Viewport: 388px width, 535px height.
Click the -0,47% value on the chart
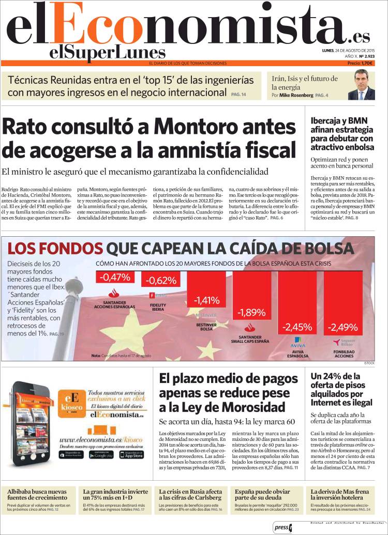115,278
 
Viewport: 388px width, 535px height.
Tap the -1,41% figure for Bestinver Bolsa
207,300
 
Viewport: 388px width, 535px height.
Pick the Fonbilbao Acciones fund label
344,354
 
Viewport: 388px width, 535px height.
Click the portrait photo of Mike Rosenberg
361,85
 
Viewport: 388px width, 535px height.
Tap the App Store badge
131,454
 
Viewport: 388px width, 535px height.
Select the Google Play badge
101,454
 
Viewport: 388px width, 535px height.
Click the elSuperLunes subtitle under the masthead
108,52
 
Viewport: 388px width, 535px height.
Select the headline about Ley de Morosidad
226,392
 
